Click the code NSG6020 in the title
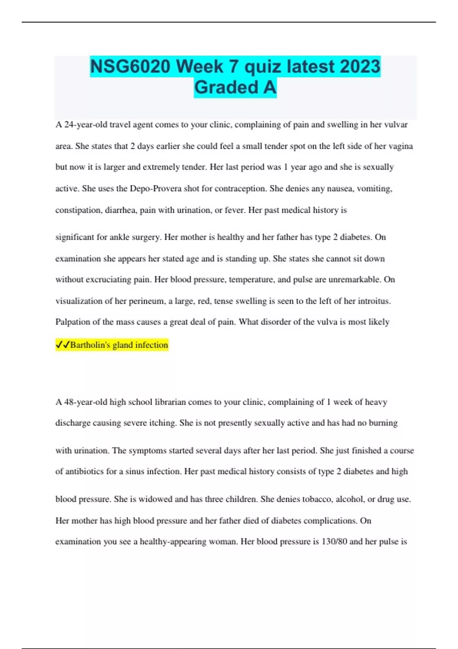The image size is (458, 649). click(130, 67)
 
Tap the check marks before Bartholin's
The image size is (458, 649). click(63, 345)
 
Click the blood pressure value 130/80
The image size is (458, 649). click(334, 541)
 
